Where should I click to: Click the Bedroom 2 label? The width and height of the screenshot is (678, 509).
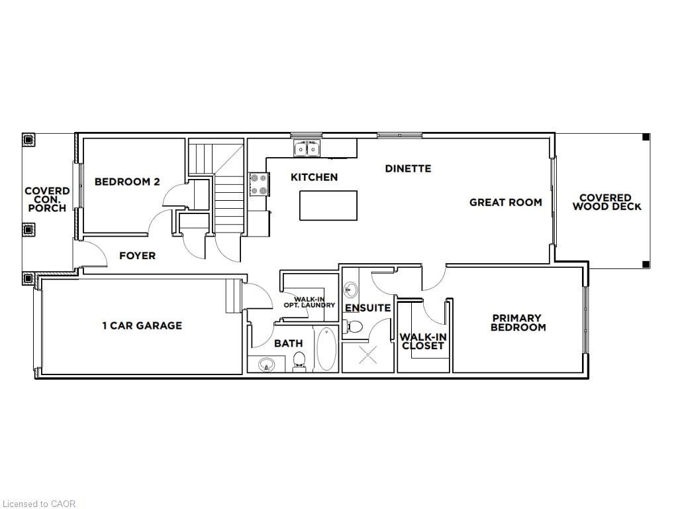(126, 182)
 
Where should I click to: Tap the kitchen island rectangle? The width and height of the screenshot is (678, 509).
(328, 205)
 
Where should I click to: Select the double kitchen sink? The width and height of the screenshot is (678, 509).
(307, 150)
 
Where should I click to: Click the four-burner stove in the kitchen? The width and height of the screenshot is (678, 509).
(259, 184)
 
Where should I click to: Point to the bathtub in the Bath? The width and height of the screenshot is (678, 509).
(326, 349)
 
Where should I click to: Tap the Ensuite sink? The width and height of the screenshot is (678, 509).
(350, 290)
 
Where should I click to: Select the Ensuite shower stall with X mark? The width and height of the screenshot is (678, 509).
(368, 356)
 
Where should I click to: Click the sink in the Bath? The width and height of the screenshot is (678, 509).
(266, 364)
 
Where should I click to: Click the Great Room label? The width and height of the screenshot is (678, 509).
(505, 202)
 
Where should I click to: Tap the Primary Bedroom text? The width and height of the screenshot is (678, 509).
(516, 323)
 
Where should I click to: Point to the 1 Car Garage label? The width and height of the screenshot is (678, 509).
(142, 325)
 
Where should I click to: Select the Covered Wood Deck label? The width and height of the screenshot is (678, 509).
(606, 202)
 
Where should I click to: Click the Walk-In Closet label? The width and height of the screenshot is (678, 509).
(423, 341)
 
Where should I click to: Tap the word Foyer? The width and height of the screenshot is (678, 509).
(137, 255)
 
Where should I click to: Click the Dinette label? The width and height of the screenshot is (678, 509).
(408, 168)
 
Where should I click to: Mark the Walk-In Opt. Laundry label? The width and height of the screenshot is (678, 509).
(309, 302)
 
